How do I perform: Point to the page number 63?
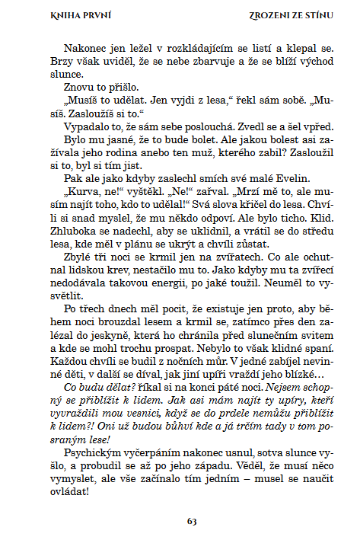[192, 521]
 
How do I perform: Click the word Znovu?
[78, 90]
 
